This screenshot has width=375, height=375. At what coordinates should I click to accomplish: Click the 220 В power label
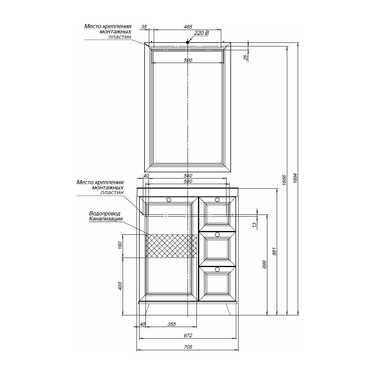pyautogui.click(x=201, y=33)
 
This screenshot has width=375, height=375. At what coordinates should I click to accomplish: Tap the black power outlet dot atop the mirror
pyautogui.click(x=187, y=42)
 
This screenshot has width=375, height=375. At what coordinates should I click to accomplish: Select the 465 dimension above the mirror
pyautogui.click(x=188, y=27)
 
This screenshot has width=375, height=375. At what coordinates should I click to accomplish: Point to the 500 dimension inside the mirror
pyautogui.click(x=188, y=60)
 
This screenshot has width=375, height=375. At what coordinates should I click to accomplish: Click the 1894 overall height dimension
pyautogui.click(x=295, y=178)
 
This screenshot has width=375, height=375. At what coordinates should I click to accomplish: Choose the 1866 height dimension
pyautogui.click(x=284, y=180)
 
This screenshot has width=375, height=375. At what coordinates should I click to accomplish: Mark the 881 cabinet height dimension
pyautogui.click(x=274, y=251)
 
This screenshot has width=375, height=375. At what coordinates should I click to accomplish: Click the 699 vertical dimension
pyautogui.click(x=264, y=264)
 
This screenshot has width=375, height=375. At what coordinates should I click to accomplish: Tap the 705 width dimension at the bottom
pyautogui.click(x=188, y=347)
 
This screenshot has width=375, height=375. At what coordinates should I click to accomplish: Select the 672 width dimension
pyautogui.click(x=188, y=335)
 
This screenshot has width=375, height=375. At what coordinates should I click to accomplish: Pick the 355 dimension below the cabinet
pyautogui.click(x=171, y=324)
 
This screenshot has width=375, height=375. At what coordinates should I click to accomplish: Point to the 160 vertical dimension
pyautogui.click(x=120, y=246)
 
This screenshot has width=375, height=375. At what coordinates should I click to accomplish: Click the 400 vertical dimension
pyautogui.click(x=120, y=286)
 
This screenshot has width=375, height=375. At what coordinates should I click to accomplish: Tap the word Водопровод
pyautogui.click(x=105, y=213)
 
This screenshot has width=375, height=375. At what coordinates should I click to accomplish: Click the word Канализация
pyautogui.click(x=106, y=219)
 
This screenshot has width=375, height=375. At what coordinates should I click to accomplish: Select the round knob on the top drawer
pyautogui.click(x=217, y=199)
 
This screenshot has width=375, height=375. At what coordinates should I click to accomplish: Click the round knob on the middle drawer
pyautogui.click(x=217, y=235)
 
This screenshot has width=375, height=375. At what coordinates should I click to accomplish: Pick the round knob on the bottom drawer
pyautogui.click(x=217, y=270)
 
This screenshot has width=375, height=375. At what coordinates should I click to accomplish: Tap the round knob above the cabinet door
pyautogui.click(x=169, y=199)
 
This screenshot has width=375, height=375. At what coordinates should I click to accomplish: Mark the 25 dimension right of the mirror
pyautogui.click(x=246, y=57)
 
